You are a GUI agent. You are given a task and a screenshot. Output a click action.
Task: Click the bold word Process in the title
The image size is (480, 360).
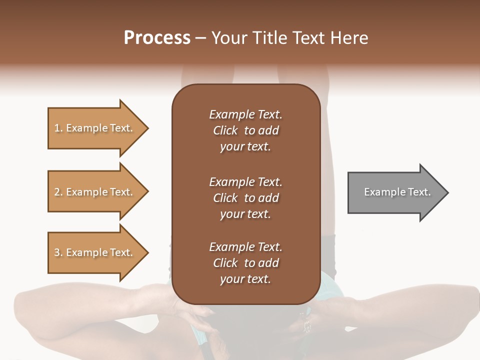[157, 38]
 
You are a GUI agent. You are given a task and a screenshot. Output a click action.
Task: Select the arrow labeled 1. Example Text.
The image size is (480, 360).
[95, 128]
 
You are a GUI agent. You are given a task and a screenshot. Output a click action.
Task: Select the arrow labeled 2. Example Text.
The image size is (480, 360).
[95, 192]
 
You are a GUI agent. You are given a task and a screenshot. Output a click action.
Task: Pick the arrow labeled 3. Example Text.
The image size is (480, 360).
[95, 252]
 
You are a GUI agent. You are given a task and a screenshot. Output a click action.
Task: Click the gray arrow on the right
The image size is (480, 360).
[395, 192]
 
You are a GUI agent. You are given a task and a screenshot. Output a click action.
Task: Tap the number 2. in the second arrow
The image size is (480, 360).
[58, 192]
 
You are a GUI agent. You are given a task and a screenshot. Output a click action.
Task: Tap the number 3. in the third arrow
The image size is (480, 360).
[58, 252]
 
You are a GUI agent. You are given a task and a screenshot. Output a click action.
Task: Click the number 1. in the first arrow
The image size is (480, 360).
[58, 128]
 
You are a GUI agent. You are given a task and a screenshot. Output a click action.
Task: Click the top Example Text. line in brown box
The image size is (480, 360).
[245, 114]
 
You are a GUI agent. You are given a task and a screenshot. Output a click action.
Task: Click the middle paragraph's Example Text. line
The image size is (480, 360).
[245, 182]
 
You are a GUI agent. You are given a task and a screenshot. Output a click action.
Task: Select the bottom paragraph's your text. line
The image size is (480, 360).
[245, 279]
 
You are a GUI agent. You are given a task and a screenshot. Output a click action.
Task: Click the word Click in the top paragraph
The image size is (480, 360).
[225, 130]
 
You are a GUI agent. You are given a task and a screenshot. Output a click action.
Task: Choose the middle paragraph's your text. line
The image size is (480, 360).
[245, 214]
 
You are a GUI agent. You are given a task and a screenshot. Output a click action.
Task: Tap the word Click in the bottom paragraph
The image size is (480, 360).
[225, 263]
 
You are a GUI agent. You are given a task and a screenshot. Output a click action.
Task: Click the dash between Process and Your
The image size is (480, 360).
[201, 38]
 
